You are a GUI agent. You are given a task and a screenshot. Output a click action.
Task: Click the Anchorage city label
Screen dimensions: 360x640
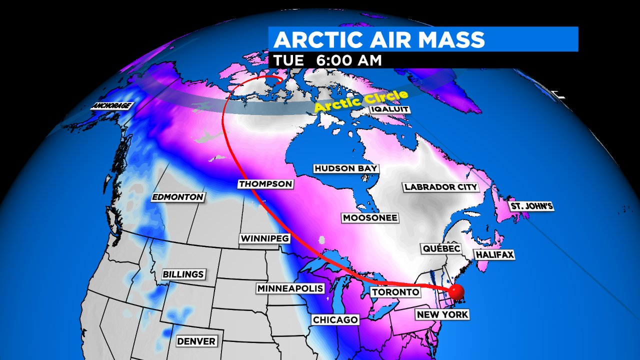tap(111, 106)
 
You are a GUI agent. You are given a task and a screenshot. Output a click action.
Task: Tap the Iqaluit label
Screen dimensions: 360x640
tap(390, 109)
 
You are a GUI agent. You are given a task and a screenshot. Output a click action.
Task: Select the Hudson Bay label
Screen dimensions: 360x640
tap(346, 168)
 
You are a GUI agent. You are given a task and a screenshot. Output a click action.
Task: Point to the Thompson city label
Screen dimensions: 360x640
tap(265, 184)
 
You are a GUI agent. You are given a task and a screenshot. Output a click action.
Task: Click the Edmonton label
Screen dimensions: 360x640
tap(177, 197)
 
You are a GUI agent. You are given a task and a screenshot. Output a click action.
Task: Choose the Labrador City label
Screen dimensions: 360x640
tap(441, 187)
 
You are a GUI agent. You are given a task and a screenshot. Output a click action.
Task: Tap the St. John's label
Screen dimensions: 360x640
tap(531, 206)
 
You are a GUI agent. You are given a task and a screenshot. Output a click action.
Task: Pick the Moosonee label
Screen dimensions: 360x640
tap(370, 217)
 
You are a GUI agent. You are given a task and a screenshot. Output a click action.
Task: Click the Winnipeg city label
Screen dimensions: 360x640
tap(264, 238)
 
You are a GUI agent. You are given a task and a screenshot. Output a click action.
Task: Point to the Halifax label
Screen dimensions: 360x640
tap(494, 254)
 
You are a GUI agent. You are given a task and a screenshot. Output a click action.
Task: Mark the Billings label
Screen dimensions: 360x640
tap(183, 274)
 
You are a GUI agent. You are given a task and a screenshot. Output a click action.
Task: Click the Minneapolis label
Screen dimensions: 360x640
tap(290, 288)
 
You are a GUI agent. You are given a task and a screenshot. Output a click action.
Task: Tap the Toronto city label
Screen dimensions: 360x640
tap(395, 292)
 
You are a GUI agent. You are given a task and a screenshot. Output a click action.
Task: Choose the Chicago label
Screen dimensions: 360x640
tap(335, 319)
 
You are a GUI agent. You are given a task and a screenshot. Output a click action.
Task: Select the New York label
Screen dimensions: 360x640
tap(442, 314)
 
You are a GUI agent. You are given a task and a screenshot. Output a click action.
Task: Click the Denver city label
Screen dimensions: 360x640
tap(196, 341)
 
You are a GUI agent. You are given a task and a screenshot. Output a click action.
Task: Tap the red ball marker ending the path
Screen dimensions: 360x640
tap(455, 291)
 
